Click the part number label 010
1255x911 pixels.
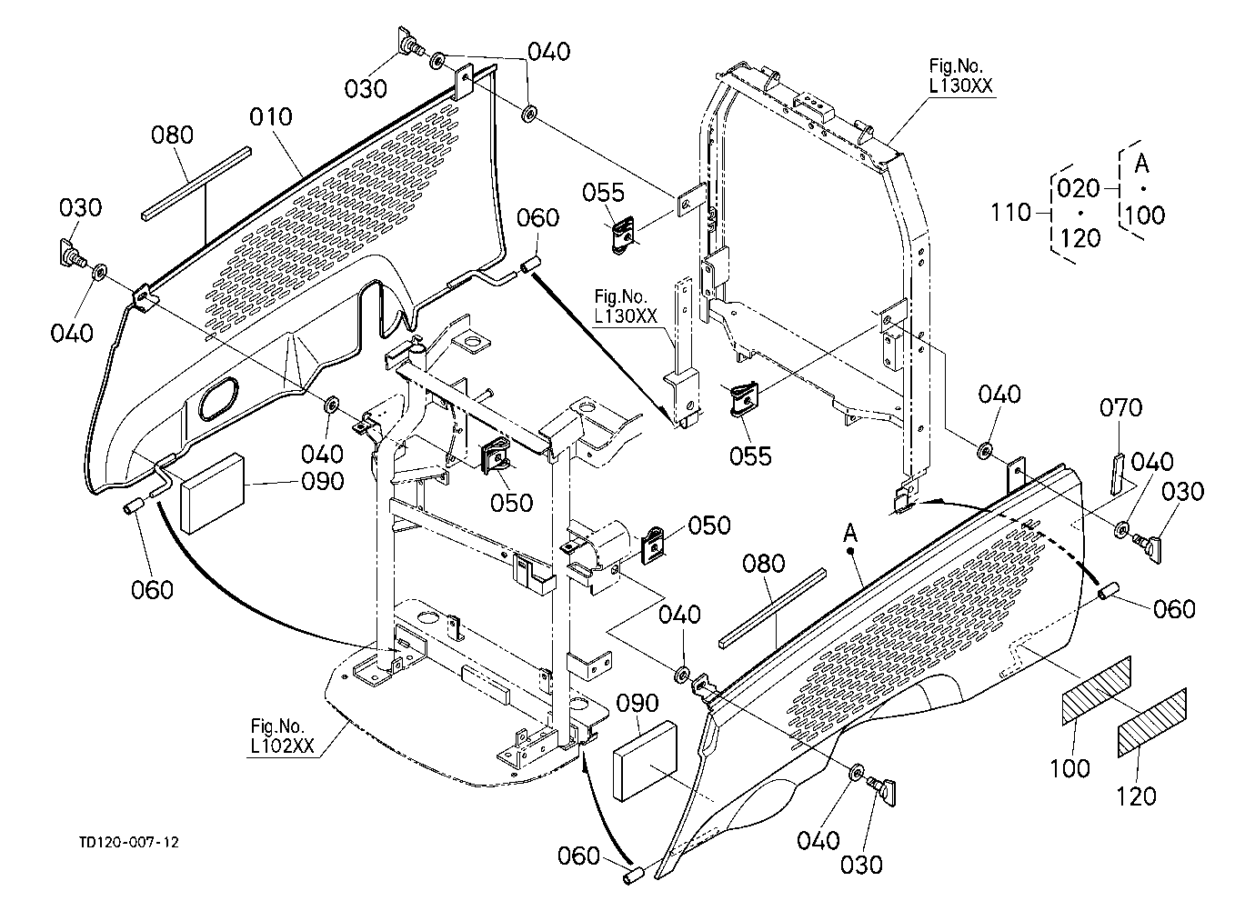click(271, 117)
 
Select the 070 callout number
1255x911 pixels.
click(1120, 408)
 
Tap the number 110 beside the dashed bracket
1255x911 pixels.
click(1010, 213)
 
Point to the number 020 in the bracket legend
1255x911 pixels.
click(1079, 189)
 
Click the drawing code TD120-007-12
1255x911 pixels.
click(129, 842)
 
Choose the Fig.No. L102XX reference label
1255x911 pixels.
click(283, 736)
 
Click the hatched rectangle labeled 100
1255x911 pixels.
click(1097, 691)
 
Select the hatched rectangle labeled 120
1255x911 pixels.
click(1152, 723)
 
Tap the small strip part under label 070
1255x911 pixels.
click(1117, 474)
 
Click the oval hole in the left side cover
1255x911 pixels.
click(217, 398)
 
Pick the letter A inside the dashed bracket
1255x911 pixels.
click(1141, 164)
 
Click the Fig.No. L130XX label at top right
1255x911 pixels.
click(960, 75)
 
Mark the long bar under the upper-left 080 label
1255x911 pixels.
click(196, 185)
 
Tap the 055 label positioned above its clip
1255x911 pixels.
click(603, 193)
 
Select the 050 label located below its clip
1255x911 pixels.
click(511, 503)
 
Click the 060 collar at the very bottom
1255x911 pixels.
click(634, 876)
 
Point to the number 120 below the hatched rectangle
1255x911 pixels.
click(1136, 796)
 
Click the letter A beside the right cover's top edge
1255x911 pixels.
click(850, 534)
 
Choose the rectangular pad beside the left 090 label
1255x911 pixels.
click(213, 494)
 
